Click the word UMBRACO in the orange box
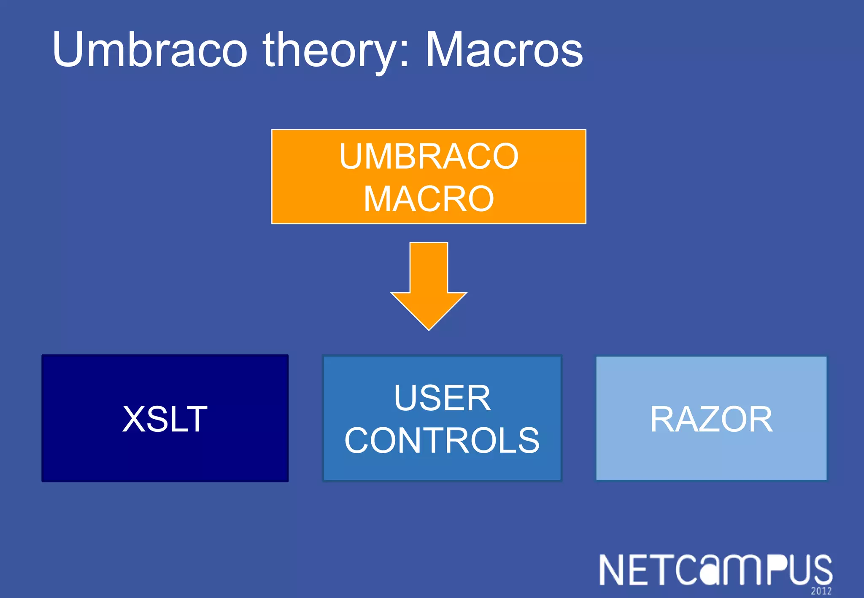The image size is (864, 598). pyautogui.click(x=429, y=156)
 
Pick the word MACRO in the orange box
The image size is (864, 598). pyautogui.click(x=429, y=199)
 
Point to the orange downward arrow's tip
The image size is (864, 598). pyautogui.click(x=429, y=328)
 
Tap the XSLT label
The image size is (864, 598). pyautogui.click(x=165, y=419)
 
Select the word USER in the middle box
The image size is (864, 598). pyautogui.click(x=442, y=398)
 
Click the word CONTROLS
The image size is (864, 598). pyautogui.click(x=442, y=440)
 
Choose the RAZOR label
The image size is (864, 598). pyautogui.click(x=711, y=419)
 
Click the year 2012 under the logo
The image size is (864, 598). pyautogui.click(x=821, y=591)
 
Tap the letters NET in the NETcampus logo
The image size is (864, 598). pyautogui.click(x=637, y=570)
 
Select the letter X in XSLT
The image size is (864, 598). pyautogui.click(x=134, y=419)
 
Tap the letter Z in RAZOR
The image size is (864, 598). pyautogui.click(x=708, y=419)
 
